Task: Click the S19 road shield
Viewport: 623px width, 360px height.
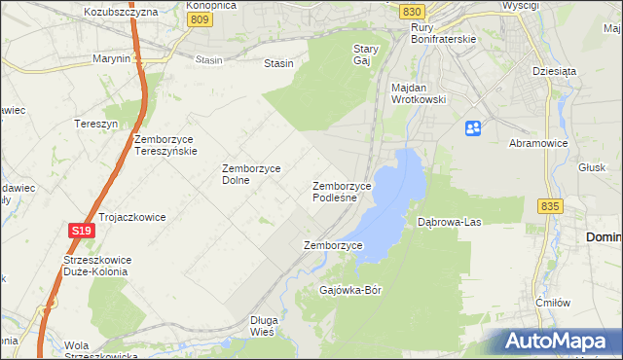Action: tap(81, 230)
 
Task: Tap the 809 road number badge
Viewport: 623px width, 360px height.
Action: tap(200, 18)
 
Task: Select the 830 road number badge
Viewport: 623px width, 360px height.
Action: tap(411, 10)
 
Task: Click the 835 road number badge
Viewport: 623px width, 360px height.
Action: tap(549, 205)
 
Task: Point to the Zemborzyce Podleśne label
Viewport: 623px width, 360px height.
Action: tap(342, 191)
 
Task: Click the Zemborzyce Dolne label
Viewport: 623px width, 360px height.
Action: tap(251, 174)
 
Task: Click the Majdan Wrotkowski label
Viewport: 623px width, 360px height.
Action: tap(418, 93)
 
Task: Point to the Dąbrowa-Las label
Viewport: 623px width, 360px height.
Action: tap(450, 222)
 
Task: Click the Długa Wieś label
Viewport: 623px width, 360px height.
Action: tap(264, 325)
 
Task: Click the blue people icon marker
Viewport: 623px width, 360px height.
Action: tap(473, 127)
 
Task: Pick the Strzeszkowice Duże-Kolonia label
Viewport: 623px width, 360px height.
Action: tap(95, 266)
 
